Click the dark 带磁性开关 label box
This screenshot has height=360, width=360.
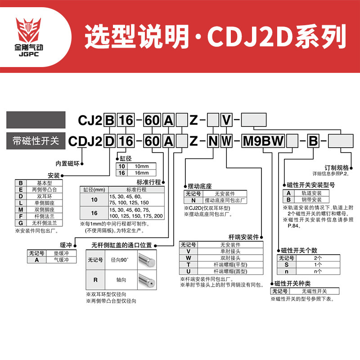(x=36, y=140)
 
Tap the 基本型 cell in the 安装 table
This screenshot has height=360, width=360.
(x=45, y=183)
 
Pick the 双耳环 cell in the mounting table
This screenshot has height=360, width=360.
(x=45, y=196)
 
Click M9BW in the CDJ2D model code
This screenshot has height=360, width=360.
(x=263, y=141)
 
